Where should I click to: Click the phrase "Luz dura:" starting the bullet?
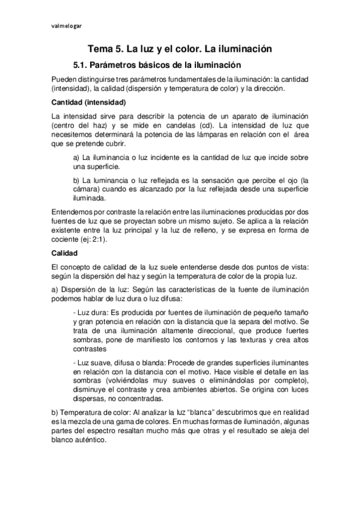tap(90, 314)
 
